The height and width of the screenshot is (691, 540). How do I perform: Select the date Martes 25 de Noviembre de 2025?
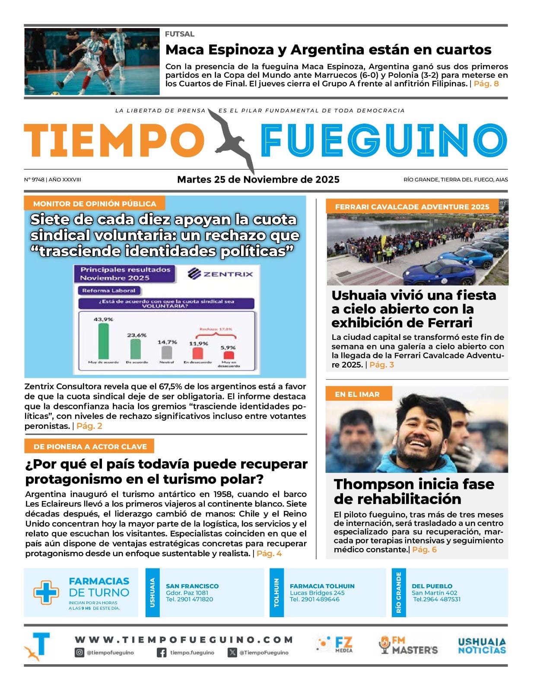pyautogui.click(x=258, y=180)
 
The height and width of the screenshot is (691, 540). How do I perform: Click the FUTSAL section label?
pyautogui.click(x=180, y=34)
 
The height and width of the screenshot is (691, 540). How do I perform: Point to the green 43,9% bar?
pyautogui.click(x=104, y=341)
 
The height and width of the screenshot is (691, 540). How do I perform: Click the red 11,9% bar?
pyautogui.click(x=197, y=353)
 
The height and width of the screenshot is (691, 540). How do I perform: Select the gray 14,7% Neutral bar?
pyautogui.click(x=167, y=352)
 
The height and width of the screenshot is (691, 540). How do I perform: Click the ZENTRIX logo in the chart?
pyautogui.click(x=221, y=274)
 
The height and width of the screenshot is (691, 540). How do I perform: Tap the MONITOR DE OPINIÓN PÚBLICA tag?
pyautogui.click(x=95, y=203)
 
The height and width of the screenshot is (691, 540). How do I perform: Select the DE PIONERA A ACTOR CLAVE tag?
pyautogui.click(x=90, y=447)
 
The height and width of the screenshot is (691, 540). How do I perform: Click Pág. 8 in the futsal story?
pyautogui.click(x=486, y=84)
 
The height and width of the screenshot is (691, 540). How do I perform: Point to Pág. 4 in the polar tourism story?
pyautogui.click(x=269, y=554)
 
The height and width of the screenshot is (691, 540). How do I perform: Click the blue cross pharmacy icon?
pyautogui.click(x=46, y=592)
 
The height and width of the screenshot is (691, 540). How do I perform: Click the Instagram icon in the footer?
pyautogui.click(x=79, y=653)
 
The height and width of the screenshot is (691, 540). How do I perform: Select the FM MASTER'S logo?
pyautogui.click(x=408, y=645)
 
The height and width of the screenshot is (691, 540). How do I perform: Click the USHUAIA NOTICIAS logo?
pyautogui.click(x=482, y=646)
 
